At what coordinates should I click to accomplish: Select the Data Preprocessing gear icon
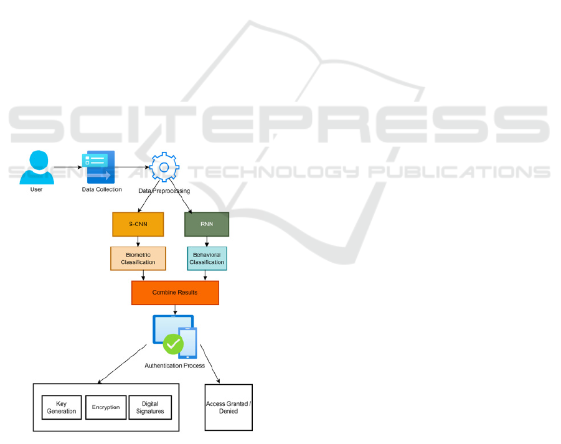click(164, 167)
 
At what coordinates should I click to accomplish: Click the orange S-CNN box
click(138, 224)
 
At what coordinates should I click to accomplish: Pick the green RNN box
click(207, 224)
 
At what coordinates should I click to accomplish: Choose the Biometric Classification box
click(138, 258)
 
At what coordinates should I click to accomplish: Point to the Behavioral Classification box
click(207, 258)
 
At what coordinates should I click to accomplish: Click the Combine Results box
click(175, 292)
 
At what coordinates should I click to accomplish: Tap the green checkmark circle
click(173, 343)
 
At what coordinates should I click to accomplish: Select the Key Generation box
click(62, 407)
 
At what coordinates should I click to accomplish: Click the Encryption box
click(105, 407)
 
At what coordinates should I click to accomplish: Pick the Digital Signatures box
click(150, 407)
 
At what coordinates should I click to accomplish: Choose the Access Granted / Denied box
click(229, 407)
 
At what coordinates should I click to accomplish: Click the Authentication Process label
click(174, 366)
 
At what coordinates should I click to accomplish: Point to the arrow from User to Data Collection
click(67, 167)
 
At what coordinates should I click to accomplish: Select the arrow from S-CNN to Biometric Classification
click(138, 242)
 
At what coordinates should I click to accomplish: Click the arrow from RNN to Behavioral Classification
click(207, 242)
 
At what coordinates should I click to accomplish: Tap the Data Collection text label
click(101, 189)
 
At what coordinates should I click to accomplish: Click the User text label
click(36, 189)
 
